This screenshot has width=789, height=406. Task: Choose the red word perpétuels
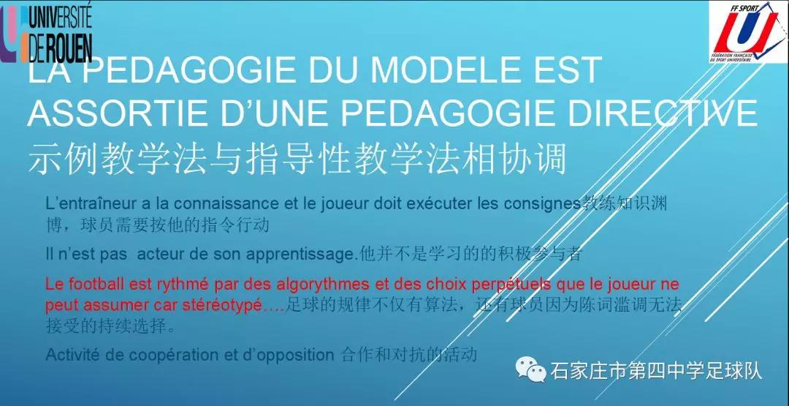pyautogui.click(x=512, y=284)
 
